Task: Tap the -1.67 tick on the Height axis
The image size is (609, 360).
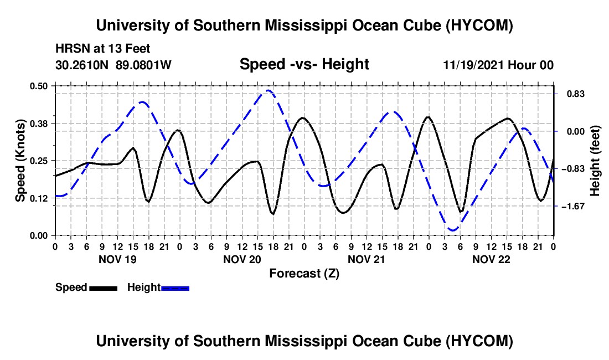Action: pos(573,206)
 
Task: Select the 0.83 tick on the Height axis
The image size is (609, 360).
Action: pos(576,94)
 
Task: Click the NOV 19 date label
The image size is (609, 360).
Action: pos(118,259)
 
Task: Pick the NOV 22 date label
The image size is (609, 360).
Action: pos(491,259)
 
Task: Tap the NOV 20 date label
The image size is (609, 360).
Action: pos(242,259)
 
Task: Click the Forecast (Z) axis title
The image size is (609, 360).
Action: pos(304,274)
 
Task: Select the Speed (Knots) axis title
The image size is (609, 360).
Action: pos(20,161)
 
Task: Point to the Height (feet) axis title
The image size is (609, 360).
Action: pos(595,161)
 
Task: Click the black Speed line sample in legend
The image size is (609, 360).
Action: pos(104,288)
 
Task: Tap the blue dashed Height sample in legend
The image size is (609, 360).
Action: pos(175,288)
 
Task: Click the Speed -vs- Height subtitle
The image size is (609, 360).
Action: pos(304,64)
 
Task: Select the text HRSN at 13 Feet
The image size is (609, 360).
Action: pos(102,49)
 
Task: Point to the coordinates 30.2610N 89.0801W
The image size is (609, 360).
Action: pos(113,65)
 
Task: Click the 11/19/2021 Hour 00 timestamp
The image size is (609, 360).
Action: pos(498,65)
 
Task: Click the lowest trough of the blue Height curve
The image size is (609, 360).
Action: pos(452,230)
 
